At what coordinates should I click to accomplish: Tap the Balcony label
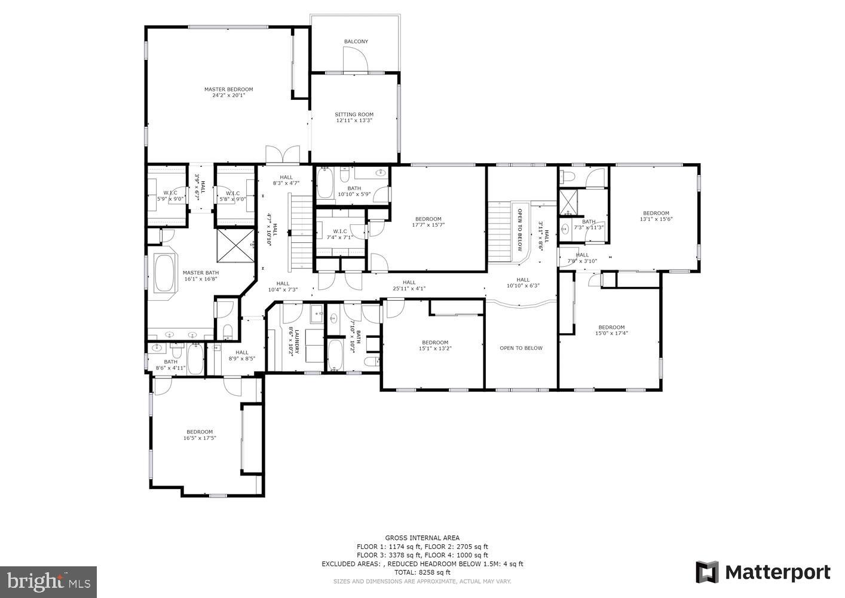click(x=356, y=42)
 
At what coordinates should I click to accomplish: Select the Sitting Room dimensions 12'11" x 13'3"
click(x=354, y=121)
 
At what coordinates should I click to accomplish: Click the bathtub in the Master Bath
click(x=164, y=273)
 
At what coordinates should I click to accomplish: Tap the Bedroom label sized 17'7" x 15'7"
click(x=428, y=219)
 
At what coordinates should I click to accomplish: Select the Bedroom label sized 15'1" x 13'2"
click(x=434, y=343)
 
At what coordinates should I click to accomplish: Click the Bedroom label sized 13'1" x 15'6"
click(x=656, y=213)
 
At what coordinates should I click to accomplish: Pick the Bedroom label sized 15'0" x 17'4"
click(x=611, y=327)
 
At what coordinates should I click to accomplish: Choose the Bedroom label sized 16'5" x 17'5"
click(x=199, y=432)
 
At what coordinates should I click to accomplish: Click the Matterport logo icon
click(x=708, y=572)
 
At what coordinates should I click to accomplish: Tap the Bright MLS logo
click(x=48, y=581)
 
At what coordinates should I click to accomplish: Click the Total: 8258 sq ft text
click(x=422, y=572)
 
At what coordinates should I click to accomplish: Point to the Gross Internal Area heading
click(x=422, y=538)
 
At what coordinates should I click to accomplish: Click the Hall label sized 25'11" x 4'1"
click(x=409, y=283)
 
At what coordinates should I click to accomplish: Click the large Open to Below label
click(x=521, y=348)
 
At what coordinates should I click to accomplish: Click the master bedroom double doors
click(x=283, y=154)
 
